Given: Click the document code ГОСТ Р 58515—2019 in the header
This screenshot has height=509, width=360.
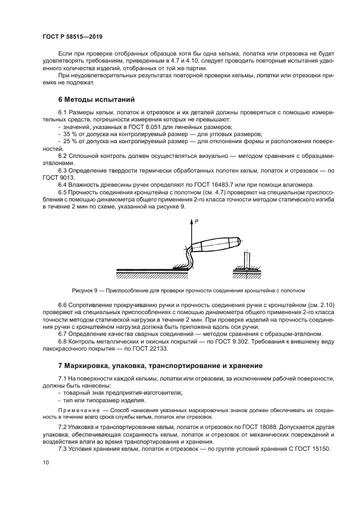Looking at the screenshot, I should (x=72, y=36).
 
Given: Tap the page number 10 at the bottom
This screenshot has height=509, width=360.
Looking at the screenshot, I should (x=45, y=462).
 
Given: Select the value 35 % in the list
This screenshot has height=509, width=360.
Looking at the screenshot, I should (x=68, y=133).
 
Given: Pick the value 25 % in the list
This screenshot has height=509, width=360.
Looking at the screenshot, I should (x=68, y=141).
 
